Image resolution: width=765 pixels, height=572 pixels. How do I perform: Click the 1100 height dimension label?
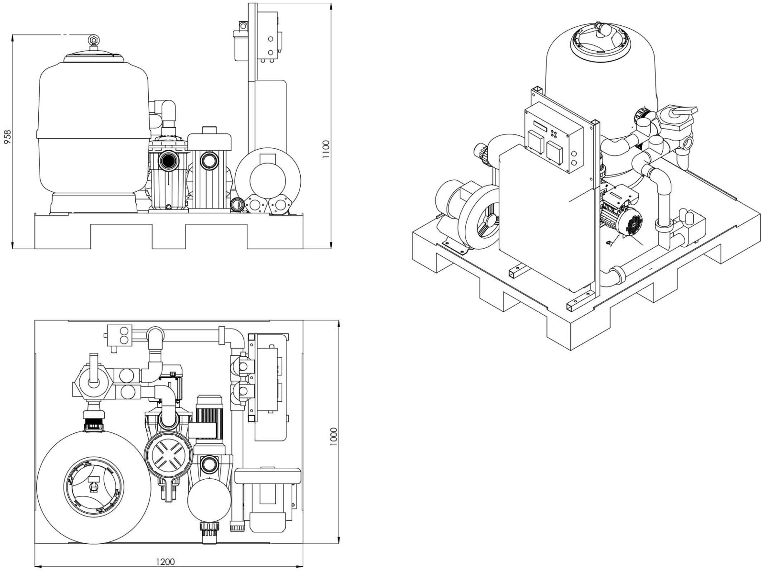pyautogui.click(x=327, y=149)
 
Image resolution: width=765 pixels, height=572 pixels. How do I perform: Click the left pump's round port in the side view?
pyautogui.click(x=168, y=160)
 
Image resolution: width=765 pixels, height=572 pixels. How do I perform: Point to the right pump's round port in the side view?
pyautogui.click(x=209, y=160)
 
